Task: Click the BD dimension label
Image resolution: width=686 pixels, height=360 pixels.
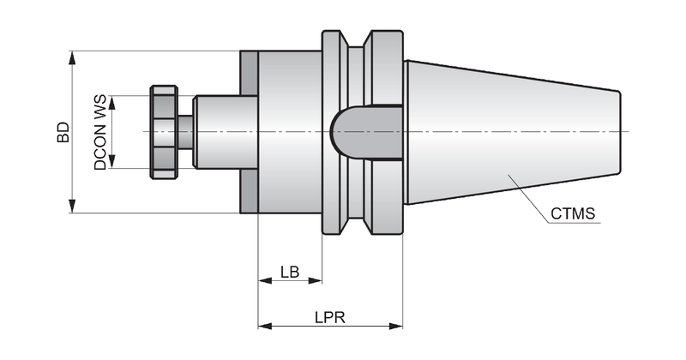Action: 63,132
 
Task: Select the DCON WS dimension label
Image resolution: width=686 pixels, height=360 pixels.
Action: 100,132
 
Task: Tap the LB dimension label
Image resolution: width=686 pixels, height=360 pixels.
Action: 290,272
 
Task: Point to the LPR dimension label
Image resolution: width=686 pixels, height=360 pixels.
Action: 330,317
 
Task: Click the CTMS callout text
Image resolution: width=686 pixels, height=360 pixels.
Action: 573,213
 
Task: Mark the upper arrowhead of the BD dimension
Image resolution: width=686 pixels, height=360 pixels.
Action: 72,57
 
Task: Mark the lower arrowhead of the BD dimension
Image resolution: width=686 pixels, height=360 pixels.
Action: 72,206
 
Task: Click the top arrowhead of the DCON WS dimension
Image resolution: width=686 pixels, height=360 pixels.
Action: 112,102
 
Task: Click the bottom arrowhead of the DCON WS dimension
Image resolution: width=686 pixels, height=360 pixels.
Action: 112,161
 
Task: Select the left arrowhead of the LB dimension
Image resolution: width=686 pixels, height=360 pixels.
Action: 265,281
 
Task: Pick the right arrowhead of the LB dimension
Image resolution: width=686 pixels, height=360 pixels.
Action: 316,281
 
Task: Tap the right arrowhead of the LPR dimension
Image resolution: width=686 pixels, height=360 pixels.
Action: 396,326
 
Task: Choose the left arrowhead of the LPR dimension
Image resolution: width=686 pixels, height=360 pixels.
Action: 265,326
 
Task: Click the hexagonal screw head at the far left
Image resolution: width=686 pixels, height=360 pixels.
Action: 164,132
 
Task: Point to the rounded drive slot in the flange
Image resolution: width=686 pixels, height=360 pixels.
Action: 367,132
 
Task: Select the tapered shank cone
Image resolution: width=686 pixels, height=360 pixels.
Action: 512,132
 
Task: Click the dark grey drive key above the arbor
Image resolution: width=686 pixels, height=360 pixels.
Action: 249,73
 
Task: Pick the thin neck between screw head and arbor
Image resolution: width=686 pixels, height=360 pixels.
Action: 185,132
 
